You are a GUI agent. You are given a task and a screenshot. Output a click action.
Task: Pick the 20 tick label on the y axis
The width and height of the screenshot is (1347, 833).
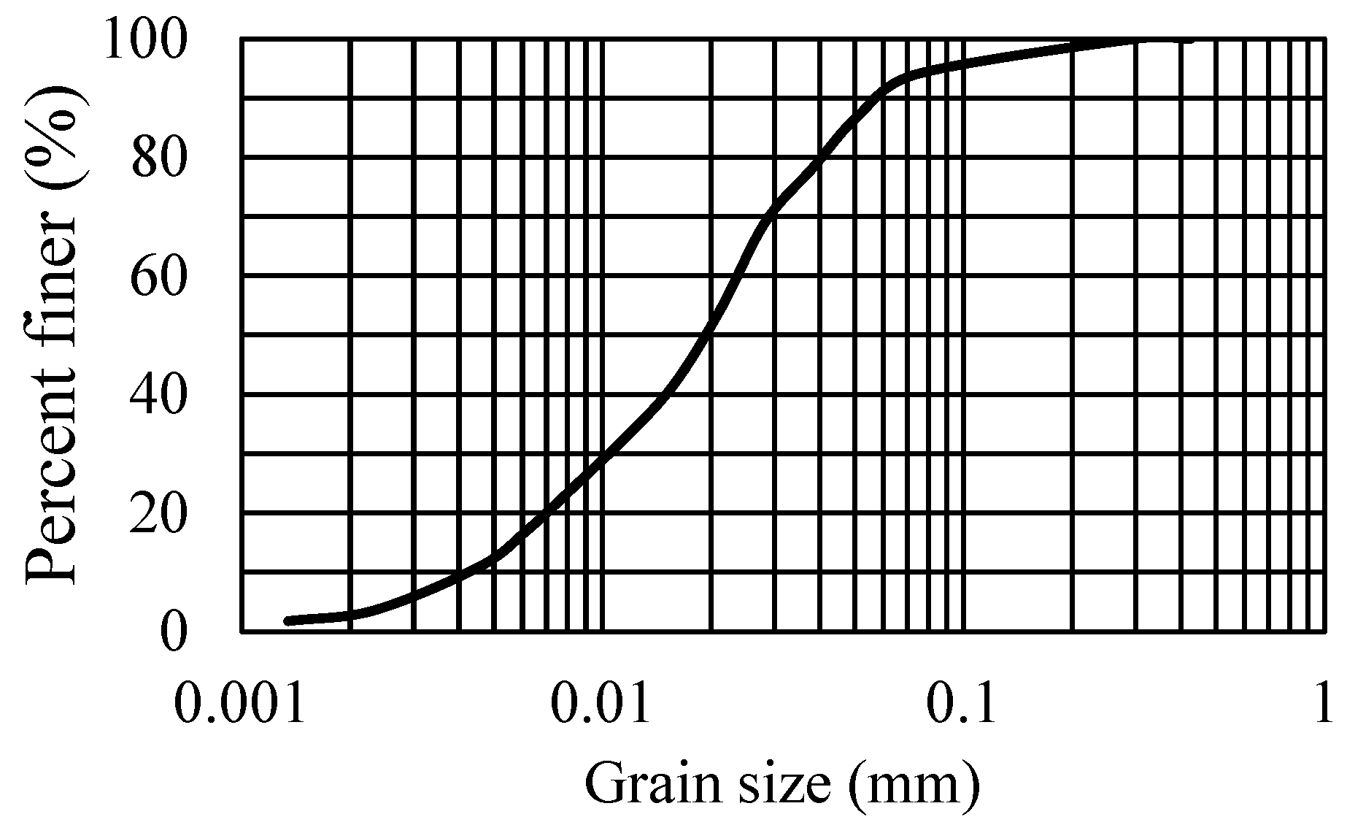point(159,514)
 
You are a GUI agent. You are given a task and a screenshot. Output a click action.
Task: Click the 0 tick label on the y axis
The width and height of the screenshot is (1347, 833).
point(174,632)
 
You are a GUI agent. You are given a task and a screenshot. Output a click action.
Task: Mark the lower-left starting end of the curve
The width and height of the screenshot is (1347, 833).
point(289,621)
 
